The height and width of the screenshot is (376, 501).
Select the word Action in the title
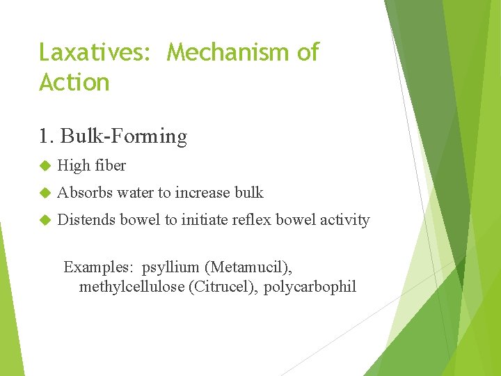point(74,82)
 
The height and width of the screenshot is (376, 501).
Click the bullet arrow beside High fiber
point(45,166)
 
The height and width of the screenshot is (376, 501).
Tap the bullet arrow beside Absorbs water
point(45,193)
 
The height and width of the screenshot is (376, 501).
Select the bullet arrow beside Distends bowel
point(45,220)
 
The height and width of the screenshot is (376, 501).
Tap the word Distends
point(86,219)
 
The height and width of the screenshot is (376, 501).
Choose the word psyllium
point(169,267)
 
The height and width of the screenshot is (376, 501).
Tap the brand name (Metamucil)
point(248,267)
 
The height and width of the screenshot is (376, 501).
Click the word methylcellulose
point(132,286)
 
